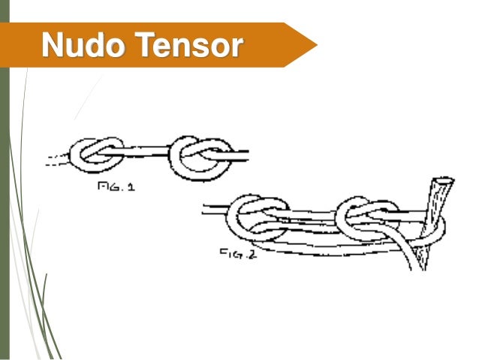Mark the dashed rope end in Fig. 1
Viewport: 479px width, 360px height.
click(x=56, y=158)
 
